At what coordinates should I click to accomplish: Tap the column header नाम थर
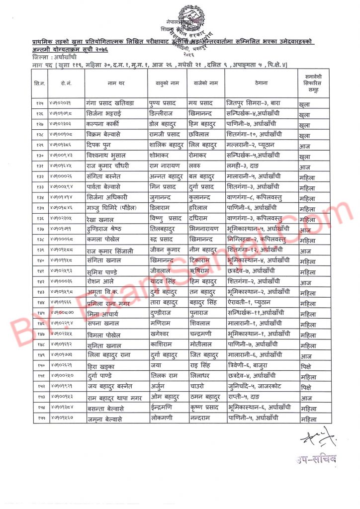[x=115, y=83]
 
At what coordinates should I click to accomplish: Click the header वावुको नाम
[x=167, y=83]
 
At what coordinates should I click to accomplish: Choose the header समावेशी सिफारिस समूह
[x=314, y=83]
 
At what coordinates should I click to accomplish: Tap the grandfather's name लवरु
[x=196, y=167]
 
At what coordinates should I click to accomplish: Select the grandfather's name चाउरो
[x=197, y=387]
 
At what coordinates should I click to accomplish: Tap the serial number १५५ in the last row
[x=40, y=419]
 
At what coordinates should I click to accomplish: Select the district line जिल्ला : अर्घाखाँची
[x=55, y=57]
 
